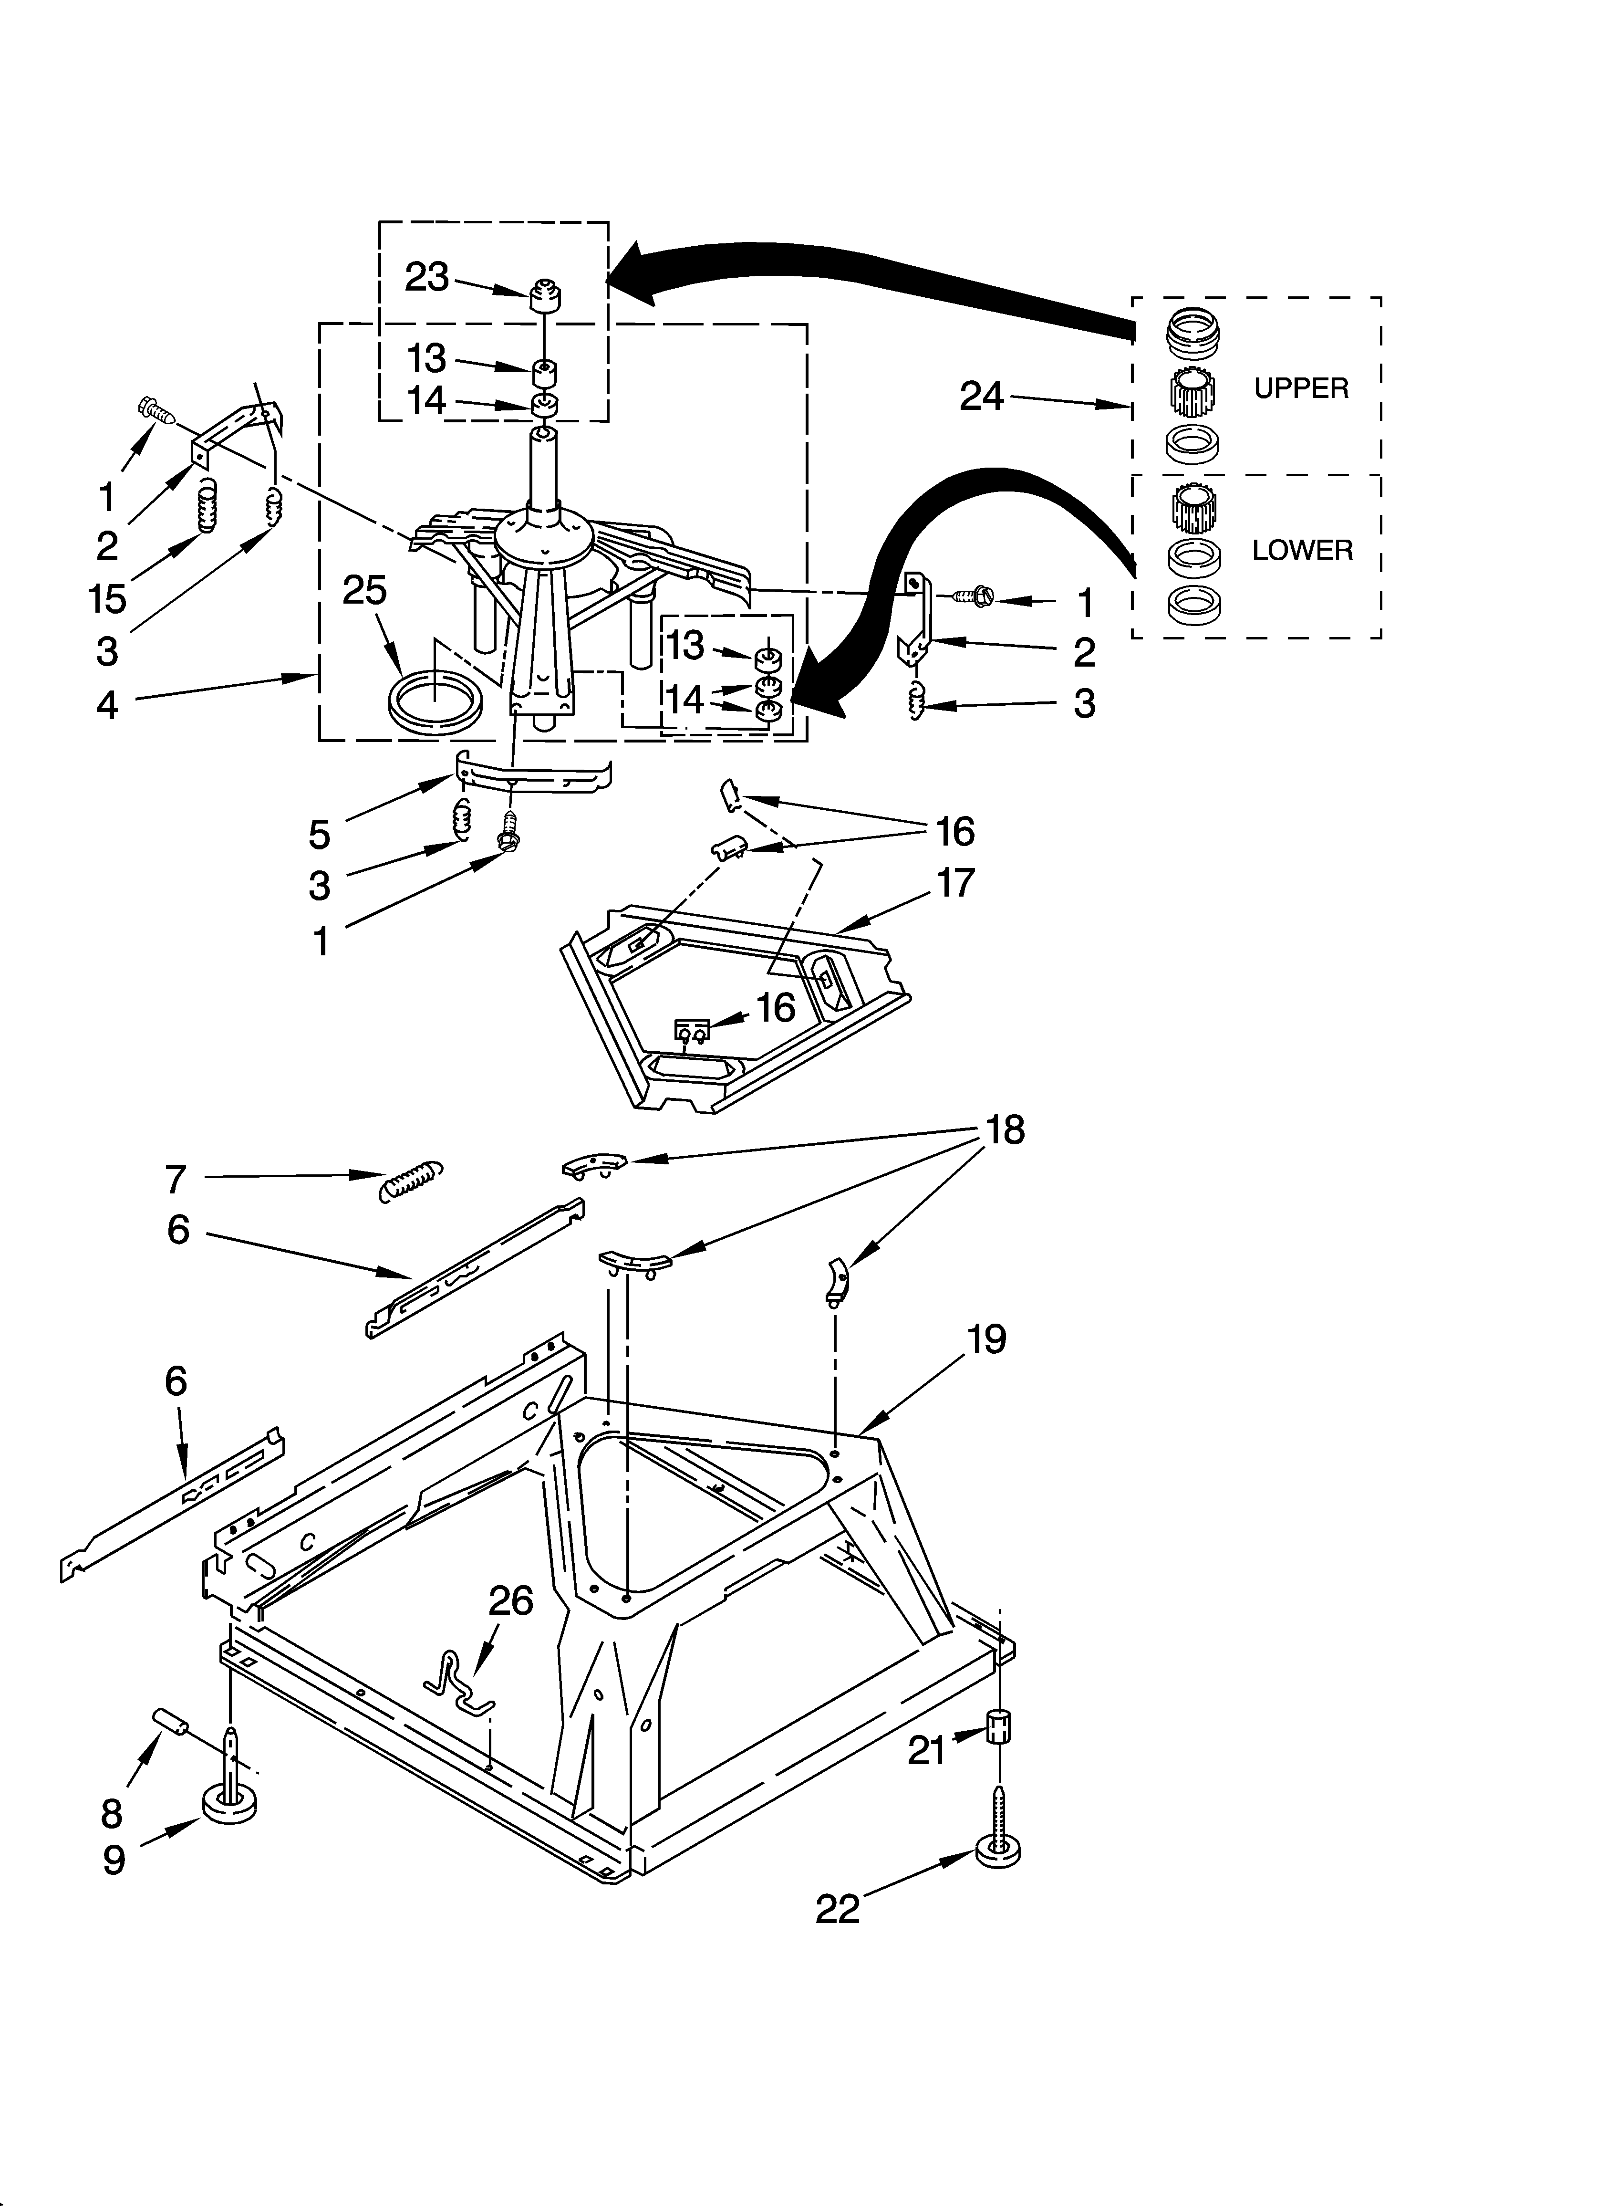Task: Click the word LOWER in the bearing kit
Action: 1301,551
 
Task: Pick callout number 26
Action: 510,1600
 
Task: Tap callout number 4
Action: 107,704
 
